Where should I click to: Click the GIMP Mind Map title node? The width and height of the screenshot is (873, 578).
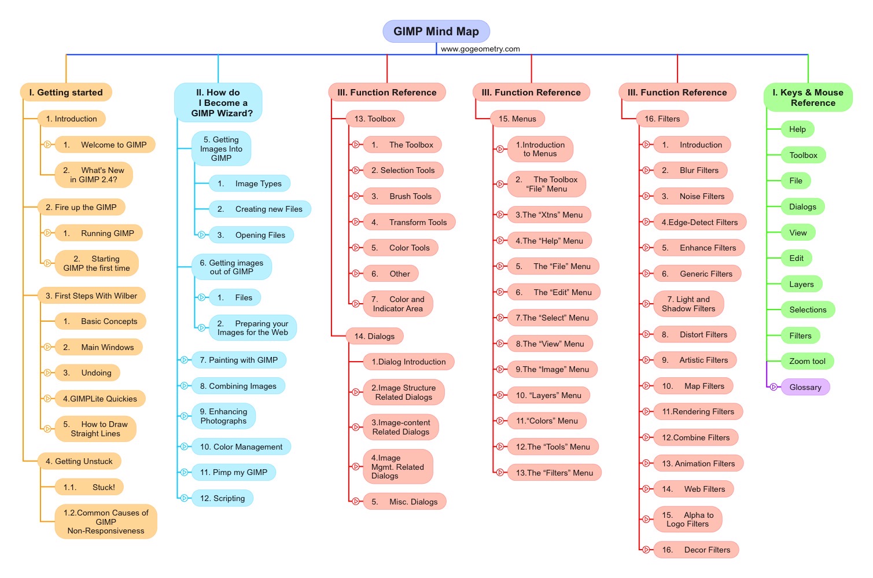436,31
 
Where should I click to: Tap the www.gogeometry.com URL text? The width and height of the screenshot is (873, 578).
480,49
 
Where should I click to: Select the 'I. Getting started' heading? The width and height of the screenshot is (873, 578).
66,93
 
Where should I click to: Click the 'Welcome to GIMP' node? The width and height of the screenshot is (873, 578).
105,145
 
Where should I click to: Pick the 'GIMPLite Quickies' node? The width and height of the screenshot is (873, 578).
100,399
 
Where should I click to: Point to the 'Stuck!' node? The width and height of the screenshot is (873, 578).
89,487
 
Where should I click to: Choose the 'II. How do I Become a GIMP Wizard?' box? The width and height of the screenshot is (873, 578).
218,103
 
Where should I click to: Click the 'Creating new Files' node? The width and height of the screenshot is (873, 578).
260,209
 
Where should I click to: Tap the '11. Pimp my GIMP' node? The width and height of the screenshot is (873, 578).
234,472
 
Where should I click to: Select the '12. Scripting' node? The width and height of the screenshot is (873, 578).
223,498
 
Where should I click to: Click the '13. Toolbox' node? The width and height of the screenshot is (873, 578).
375,119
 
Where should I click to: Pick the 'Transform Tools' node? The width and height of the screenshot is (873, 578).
410,222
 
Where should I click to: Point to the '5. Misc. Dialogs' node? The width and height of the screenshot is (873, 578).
405,502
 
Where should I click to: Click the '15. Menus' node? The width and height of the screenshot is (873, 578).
517,119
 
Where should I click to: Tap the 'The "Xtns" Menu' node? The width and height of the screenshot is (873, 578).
550,215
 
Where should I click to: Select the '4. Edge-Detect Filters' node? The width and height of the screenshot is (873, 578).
700,222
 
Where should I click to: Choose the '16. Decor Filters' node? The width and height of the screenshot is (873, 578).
697,550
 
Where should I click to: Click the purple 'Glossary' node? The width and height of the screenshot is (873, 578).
805,387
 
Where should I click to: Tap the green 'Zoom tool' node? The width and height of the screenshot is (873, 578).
808,361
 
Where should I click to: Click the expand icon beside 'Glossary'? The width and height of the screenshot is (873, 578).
773,387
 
